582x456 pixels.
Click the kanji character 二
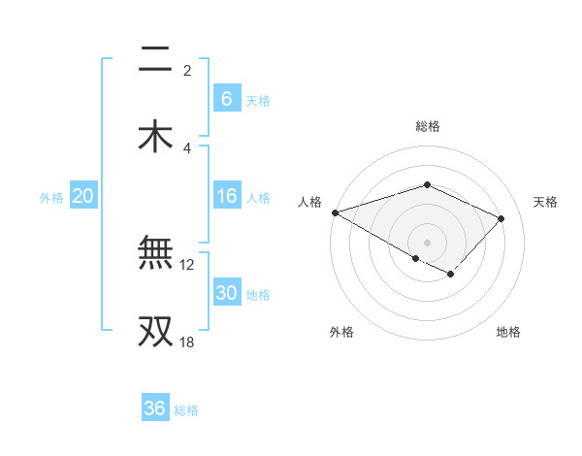[155, 60]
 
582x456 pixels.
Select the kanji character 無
[155, 253]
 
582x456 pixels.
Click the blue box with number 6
[226, 99]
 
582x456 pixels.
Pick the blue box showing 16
[226, 197]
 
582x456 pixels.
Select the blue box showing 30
[226, 294]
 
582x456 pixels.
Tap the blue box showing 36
[154, 408]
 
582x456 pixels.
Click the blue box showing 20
[83, 197]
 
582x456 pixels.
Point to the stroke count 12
[187, 264]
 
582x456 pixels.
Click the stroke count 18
[186, 342]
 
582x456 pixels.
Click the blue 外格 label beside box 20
[51, 198]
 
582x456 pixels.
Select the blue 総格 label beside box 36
[186, 410]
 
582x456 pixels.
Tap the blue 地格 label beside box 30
[258, 295]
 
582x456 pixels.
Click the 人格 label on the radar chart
[309, 202]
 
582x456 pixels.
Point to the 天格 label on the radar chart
[545, 202]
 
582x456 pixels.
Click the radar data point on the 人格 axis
[335, 212]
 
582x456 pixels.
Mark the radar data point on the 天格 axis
[501, 218]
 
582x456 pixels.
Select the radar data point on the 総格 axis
[427, 184]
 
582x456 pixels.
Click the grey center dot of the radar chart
[427, 242]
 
